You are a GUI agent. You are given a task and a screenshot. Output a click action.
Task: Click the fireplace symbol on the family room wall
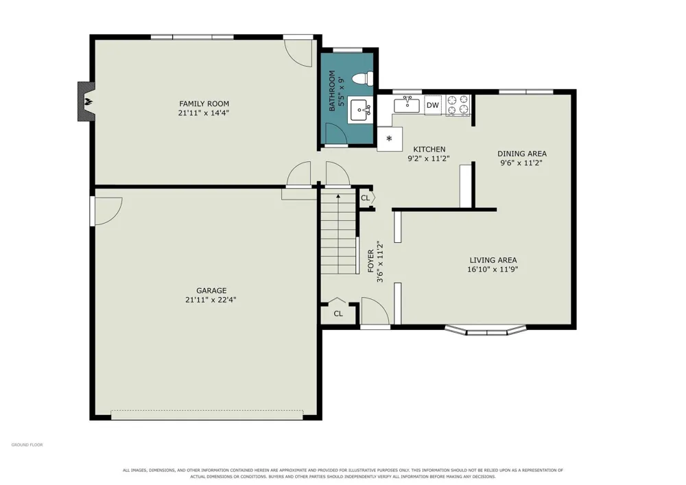[86, 102]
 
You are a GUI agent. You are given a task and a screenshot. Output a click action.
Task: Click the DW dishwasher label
[433, 105]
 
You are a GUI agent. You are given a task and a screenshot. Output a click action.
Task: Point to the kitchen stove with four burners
[458, 105]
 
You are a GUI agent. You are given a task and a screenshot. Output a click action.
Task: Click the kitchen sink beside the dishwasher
[407, 105]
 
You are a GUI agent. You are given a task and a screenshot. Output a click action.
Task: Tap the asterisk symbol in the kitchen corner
[389, 139]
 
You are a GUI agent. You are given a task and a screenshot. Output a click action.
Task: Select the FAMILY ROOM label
[204, 104]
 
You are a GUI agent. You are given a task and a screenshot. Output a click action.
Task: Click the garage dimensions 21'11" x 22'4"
[211, 300]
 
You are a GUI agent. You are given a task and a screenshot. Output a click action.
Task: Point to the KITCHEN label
[429, 149]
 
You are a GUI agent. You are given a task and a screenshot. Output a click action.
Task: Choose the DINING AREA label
[522, 154]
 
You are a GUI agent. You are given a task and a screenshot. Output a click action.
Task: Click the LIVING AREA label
[493, 260]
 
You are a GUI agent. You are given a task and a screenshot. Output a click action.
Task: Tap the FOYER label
[371, 261]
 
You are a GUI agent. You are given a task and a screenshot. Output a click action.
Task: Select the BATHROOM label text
[332, 91]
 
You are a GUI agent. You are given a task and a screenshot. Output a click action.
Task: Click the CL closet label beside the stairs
[366, 198]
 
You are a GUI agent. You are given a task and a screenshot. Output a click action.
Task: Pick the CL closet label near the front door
[338, 314]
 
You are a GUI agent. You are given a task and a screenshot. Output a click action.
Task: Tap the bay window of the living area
[486, 331]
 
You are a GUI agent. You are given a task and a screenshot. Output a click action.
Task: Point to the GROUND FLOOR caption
[27, 445]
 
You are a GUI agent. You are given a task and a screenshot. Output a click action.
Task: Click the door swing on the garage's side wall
[107, 211]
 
